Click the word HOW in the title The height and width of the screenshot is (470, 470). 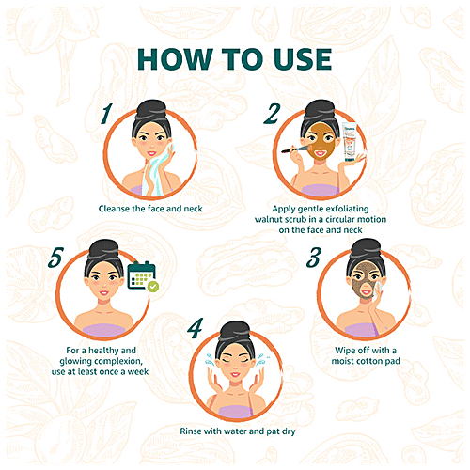(175, 59)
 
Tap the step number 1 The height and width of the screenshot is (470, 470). (106, 114)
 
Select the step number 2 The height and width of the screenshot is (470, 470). (272, 114)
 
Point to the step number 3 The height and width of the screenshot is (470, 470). (314, 258)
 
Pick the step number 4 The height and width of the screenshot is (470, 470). (195, 328)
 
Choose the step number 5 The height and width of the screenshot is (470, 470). (55, 258)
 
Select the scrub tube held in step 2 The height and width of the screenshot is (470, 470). (350, 142)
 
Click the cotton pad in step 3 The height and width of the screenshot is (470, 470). (378, 289)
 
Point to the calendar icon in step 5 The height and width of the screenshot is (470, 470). (142, 275)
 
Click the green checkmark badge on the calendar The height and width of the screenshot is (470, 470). (153, 287)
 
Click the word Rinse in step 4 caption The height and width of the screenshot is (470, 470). (191, 431)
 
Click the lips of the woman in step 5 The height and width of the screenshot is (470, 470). (104, 293)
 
